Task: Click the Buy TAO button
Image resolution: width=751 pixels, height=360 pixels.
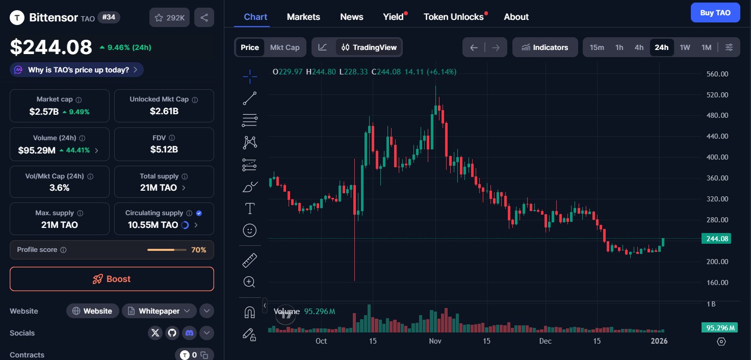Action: (715, 13)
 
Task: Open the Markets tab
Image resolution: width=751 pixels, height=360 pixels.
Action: (303, 17)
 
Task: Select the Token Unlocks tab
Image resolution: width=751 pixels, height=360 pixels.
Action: (453, 17)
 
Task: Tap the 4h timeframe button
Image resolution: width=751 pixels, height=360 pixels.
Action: (639, 47)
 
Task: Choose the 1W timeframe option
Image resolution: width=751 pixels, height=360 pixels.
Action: (685, 47)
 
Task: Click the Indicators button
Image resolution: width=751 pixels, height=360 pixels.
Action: (545, 47)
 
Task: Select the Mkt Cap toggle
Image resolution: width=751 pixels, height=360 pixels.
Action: (284, 47)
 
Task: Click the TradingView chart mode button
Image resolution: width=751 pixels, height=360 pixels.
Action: (369, 47)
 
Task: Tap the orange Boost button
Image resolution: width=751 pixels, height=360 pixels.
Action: (112, 279)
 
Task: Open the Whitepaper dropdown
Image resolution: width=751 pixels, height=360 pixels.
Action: (159, 311)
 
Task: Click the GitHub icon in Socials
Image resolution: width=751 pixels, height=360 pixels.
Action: (172, 333)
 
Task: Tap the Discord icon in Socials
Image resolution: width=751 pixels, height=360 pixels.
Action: (189, 333)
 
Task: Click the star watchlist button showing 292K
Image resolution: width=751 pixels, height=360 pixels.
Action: (170, 17)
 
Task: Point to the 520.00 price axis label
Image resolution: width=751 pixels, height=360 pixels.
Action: (717, 95)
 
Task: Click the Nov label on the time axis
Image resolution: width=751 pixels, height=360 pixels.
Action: (435, 341)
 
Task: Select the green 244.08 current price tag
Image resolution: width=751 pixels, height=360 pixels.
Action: (716, 239)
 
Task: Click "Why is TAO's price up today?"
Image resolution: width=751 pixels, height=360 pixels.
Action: (77, 70)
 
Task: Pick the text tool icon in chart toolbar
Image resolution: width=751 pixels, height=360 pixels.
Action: (250, 209)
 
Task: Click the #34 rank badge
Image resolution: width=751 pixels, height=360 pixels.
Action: (108, 17)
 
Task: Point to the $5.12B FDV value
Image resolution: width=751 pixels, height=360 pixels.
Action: (164, 149)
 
